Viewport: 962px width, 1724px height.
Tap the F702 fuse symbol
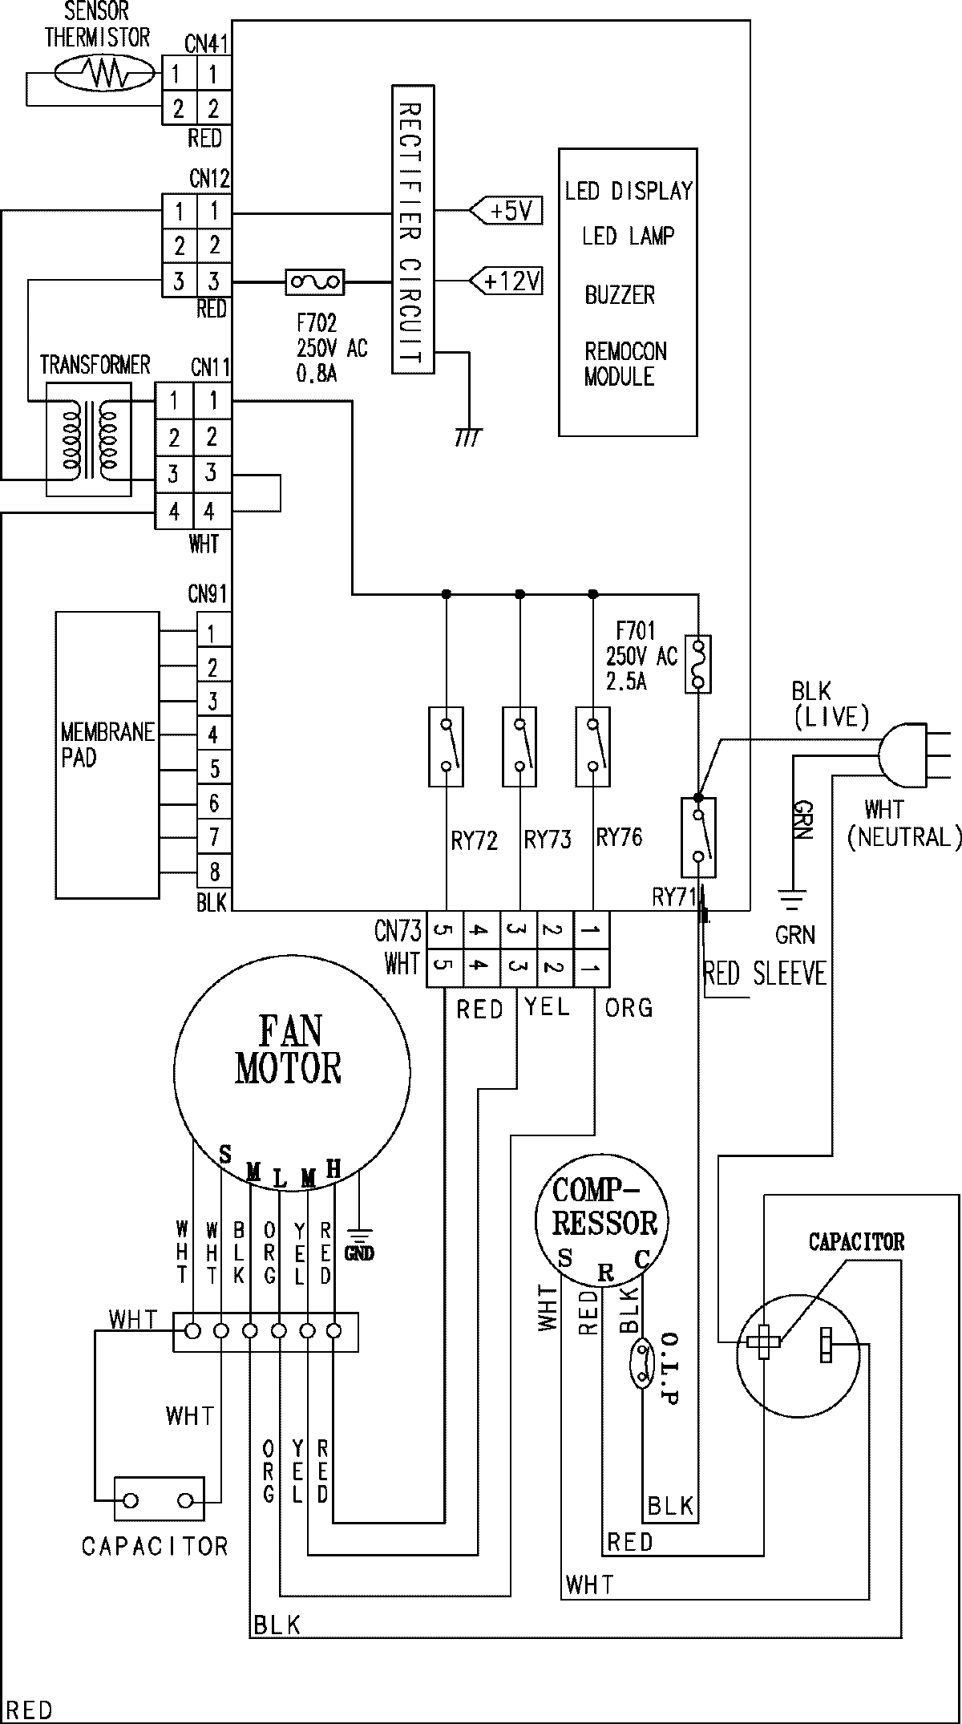pos(315,281)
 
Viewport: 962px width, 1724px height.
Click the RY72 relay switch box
pos(446,747)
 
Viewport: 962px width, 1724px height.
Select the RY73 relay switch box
pos(519,747)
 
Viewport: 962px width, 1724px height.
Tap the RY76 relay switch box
pos(593,747)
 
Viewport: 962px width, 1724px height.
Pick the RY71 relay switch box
pos(698,837)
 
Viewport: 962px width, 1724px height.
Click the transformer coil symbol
pos(88,439)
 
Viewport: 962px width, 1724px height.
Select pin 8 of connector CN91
pos(214,872)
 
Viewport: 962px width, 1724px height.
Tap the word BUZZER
pos(620,295)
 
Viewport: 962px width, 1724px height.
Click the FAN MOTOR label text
pos(289,1050)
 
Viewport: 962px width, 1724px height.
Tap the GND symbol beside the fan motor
pos(358,1240)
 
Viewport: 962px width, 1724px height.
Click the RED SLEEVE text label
pos(764,974)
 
